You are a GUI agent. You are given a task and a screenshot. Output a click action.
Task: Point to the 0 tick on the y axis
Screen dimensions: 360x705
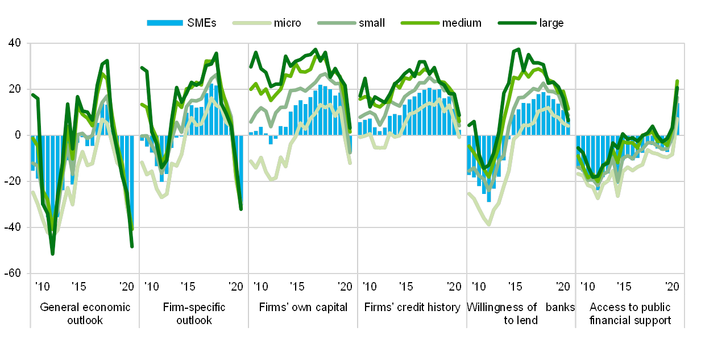tap(17, 135)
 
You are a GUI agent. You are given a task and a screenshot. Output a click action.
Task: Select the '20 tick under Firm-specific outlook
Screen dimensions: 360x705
tap(235, 285)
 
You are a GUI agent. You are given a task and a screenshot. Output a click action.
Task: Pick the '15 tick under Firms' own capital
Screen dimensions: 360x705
tap(296, 285)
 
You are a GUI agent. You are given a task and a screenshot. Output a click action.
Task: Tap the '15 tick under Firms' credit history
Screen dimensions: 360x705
tap(405, 285)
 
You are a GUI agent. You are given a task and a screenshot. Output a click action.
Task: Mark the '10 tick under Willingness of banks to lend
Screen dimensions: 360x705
tap(479, 285)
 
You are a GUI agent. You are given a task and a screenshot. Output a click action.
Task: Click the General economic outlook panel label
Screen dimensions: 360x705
tap(85, 313)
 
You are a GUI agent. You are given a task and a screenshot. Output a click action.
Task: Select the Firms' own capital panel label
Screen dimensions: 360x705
tap(303, 308)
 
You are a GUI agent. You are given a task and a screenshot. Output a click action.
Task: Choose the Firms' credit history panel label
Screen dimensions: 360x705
tap(412, 308)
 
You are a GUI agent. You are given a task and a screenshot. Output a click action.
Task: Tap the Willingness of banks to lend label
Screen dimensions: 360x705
tap(521, 313)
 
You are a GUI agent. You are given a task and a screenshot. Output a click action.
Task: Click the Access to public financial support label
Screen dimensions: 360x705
tap(630, 313)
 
